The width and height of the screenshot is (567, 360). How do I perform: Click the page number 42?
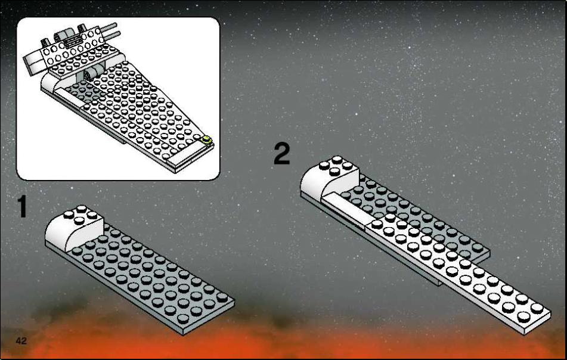21,341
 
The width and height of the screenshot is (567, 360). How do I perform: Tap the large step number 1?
23,206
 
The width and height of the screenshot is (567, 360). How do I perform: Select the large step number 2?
281,154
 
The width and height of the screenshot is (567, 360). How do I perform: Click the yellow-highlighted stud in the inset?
207,140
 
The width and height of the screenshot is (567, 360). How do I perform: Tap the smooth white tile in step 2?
345,209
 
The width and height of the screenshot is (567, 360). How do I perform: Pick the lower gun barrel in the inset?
113,35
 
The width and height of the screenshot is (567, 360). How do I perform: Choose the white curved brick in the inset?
54,83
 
